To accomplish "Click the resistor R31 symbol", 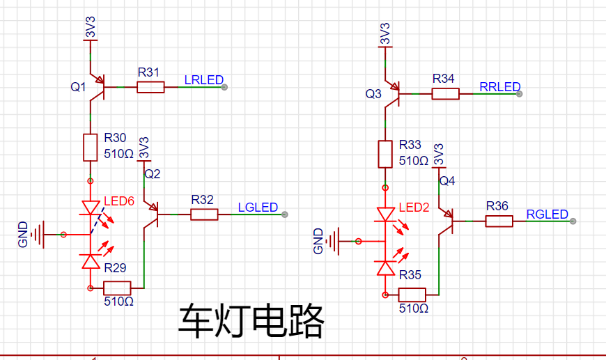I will point(150,87).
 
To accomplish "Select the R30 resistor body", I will point(90,147).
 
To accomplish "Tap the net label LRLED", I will point(204,80).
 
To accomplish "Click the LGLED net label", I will point(258,208).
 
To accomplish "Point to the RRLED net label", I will point(500,87).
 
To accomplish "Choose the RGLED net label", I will point(547,214).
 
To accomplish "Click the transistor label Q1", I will point(78,87).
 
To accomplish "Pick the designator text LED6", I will point(118,201).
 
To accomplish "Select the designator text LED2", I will point(417,208).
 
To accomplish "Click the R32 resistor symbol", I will point(204,215).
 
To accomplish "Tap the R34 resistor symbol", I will point(445,93).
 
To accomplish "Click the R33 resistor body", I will point(385,154).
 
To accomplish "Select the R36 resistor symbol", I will point(499,221).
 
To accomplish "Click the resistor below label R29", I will point(117,287).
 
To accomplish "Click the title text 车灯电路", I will point(251,321).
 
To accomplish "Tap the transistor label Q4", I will point(447,182).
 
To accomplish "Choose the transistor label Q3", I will point(374,93).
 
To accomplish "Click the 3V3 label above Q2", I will point(145,147).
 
